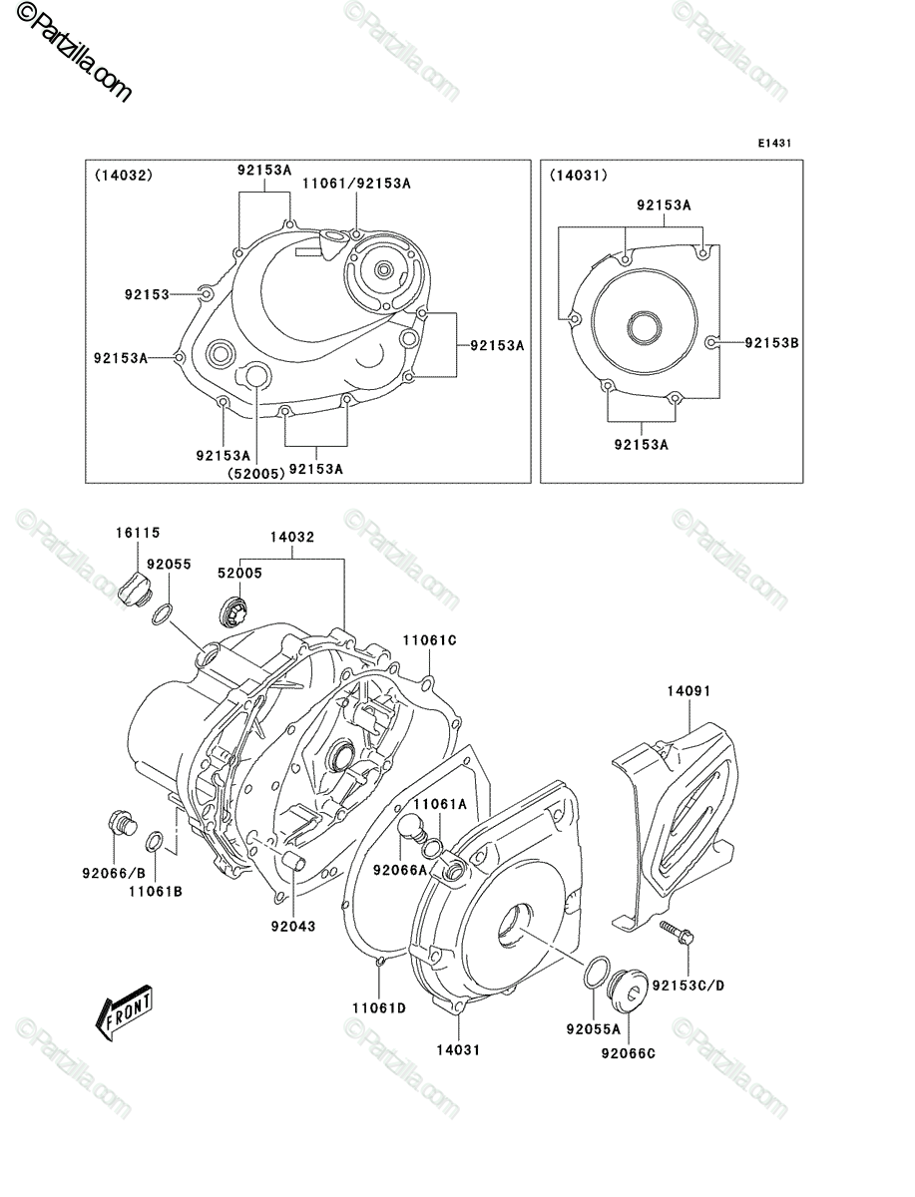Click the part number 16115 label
point(138,533)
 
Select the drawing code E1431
point(774,144)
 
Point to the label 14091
point(689,691)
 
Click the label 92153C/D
point(688,986)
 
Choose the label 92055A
point(594,1029)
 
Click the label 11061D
point(379,1008)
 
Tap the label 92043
point(293,927)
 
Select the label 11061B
point(156,892)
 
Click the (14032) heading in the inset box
point(124,175)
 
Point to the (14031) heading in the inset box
point(579,175)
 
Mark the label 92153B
point(772,342)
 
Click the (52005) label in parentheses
point(256,474)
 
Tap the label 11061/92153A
point(356,184)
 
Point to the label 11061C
point(430,640)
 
